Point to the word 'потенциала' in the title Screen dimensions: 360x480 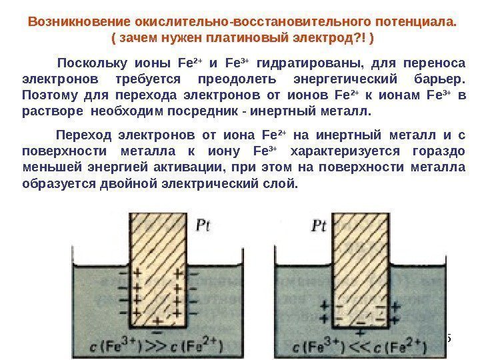[413, 21]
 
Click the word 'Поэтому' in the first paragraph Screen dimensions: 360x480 [47, 95]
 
